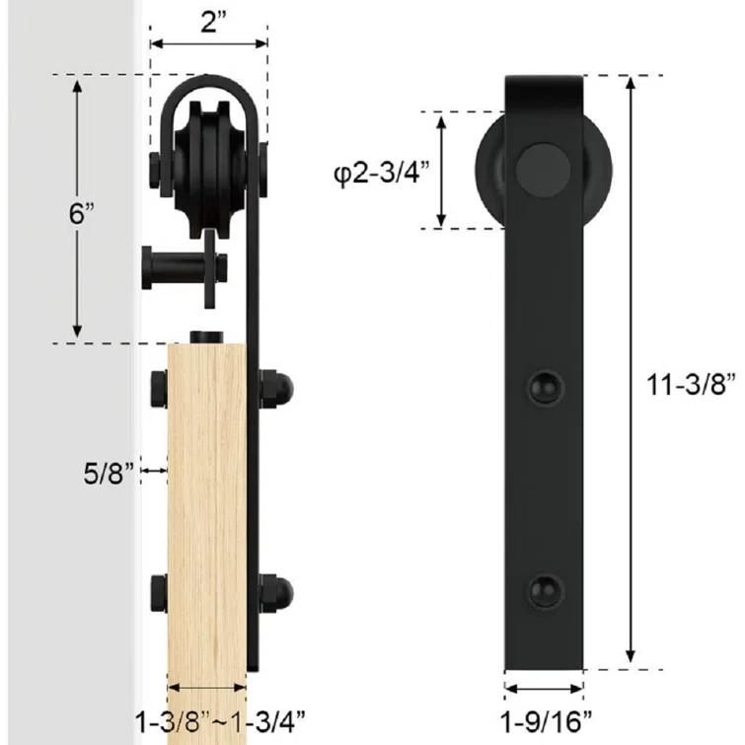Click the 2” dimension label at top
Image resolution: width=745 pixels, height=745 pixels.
pos(213,22)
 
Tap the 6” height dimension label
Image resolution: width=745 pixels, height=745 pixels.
pos(82,213)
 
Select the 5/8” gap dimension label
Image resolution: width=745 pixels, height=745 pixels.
pos(110,474)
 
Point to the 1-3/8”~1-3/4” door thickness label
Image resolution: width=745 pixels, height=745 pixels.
pos(220,722)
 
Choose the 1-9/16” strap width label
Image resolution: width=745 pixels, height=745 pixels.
pos(547,722)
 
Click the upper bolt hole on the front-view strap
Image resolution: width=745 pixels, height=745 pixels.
pos(545,388)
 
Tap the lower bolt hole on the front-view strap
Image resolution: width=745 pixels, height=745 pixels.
pos(545,591)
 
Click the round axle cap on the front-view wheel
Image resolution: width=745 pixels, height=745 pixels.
pos(544,171)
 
